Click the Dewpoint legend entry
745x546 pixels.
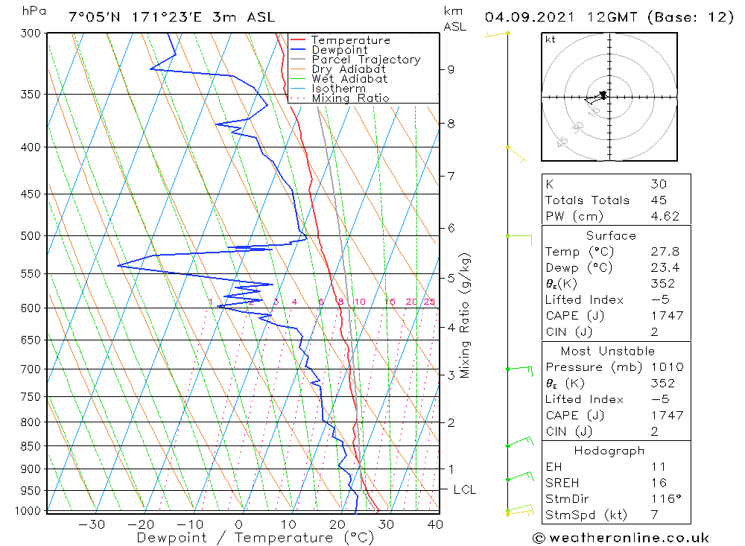339,50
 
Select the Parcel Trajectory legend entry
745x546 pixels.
366,60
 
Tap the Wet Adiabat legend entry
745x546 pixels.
349,79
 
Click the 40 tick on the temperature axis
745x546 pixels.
436,524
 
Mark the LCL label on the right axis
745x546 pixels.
464,490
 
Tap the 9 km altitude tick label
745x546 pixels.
451,70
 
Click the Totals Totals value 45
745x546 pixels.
658,200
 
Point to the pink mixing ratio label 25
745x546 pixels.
429,302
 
